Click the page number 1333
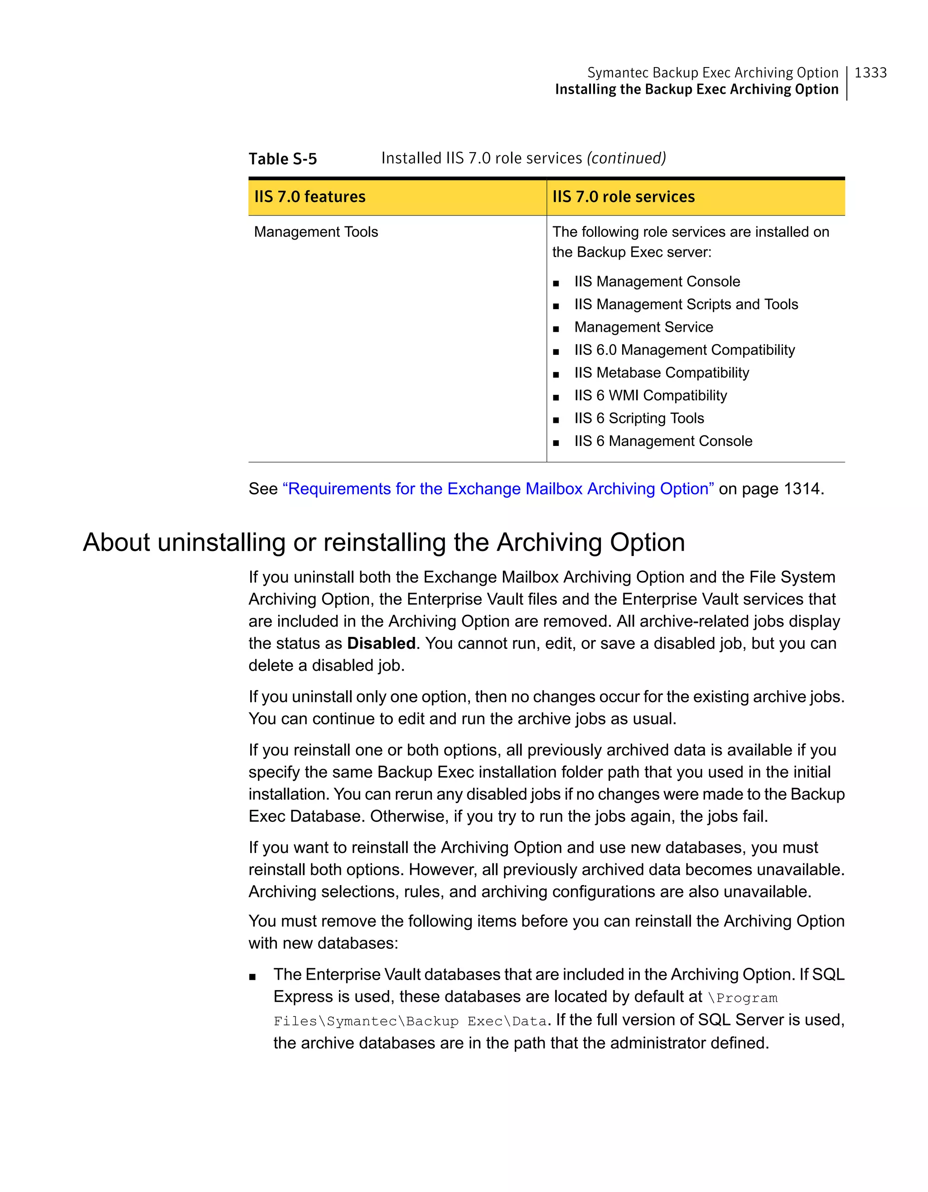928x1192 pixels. [x=870, y=72]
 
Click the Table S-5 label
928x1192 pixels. [x=282, y=159]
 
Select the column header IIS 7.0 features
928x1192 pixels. [x=309, y=196]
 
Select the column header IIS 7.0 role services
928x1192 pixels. [x=623, y=196]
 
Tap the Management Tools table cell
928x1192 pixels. [x=316, y=232]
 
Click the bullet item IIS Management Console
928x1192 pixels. [x=657, y=282]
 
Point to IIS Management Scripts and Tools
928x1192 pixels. [x=686, y=305]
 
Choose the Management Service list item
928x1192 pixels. [x=643, y=327]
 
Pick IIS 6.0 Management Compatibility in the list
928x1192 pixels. [x=684, y=350]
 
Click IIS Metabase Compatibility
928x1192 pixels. [x=662, y=373]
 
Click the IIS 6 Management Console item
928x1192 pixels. [x=662, y=441]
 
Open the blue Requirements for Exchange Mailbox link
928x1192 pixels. [x=498, y=488]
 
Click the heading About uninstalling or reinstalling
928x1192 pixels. [x=383, y=542]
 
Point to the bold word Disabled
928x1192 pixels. [x=381, y=643]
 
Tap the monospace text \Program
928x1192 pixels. [x=742, y=998]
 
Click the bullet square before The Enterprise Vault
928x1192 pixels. [x=252, y=977]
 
